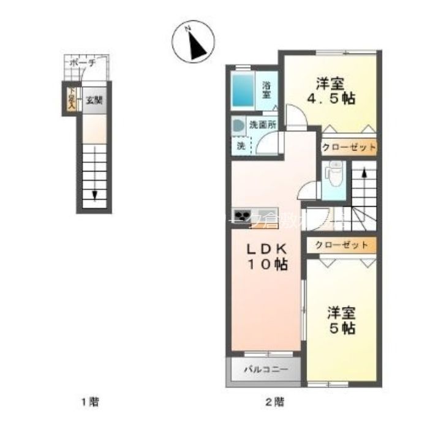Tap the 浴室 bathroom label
click(x=267, y=90)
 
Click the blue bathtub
click(x=244, y=90)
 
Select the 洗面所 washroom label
click(x=262, y=124)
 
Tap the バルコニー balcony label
click(x=265, y=369)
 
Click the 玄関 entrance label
click(x=94, y=100)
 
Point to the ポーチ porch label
click(x=82, y=62)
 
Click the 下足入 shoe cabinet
click(x=71, y=99)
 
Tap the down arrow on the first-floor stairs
click(x=96, y=195)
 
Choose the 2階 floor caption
click(x=274, y=402)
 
